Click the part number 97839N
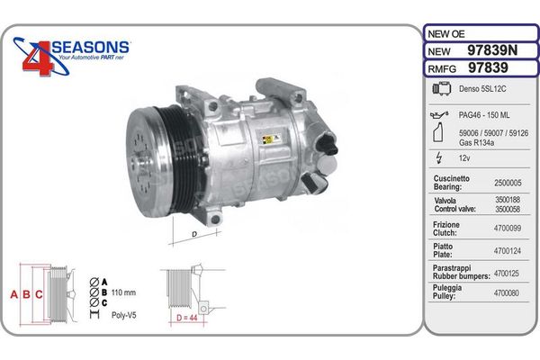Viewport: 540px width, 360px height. tap(492, 50)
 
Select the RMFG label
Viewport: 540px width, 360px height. tap(442, 69)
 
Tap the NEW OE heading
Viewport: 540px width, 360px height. tap(446, 34)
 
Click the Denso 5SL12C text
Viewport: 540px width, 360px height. tap(482, 89)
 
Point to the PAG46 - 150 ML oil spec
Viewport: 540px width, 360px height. tap(484, 115)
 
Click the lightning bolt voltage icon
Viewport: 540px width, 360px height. tap(439, 157)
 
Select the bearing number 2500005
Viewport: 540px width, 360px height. tap(508, 183)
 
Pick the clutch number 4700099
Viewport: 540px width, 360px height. tap(508, 228)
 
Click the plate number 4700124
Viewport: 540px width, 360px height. tap(508, 251)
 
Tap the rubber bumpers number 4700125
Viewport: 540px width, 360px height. tap(506, 274)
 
